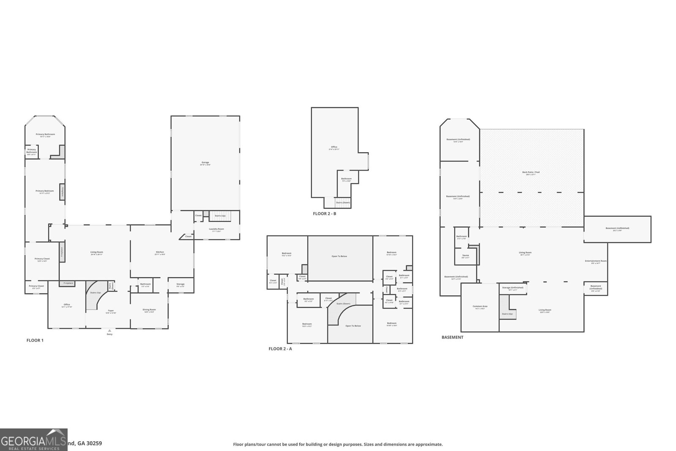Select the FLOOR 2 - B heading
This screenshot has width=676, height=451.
click(x=324, y=214)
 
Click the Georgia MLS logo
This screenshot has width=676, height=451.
click(x=34, y=440)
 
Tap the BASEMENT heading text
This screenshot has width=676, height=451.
click(x=452, y=337)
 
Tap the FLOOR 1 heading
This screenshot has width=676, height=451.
click(x=35, y=340)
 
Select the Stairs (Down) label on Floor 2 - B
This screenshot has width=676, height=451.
click(x=343, y=203)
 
